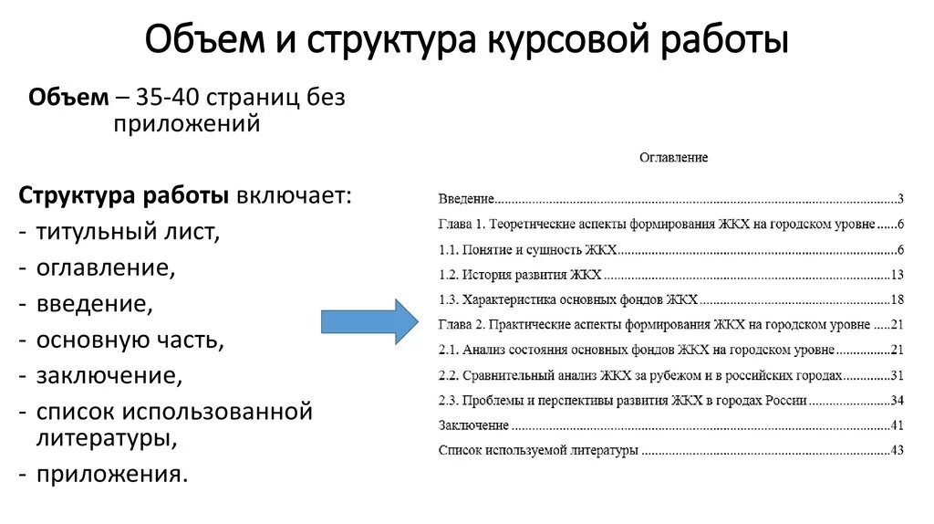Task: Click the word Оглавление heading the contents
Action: [x=673, y=158]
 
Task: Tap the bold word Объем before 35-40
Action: [x=68, y=98]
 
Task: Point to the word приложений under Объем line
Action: [x=187, y=123]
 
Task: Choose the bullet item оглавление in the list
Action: [x=105, y=268]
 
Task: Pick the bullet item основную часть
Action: [x=130, y=341]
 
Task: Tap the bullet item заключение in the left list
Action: [x=109, y=376]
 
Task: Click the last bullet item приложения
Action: [x=112, y=474]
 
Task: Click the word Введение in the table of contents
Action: [x=466, y=199]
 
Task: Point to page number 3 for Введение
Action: [x=899, y=199]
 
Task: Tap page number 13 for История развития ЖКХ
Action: [x=896, y=275]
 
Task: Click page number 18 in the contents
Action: [x=896, y=299]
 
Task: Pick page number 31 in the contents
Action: [x=896, y=375]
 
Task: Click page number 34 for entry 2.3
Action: [x=896, y=401]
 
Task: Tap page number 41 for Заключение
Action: [x=896, y=425]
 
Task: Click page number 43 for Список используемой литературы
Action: [x=896, y=450]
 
